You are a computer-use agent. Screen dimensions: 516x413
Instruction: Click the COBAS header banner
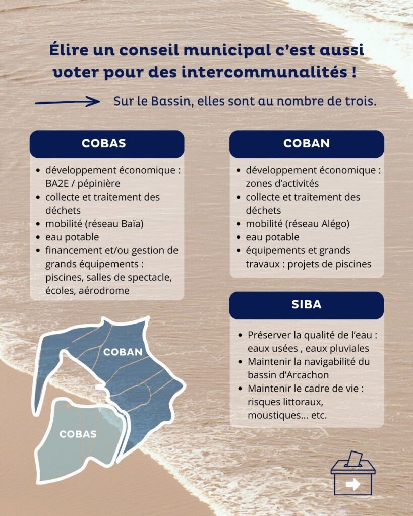point(107,144)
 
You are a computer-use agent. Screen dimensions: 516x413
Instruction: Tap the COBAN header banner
point(307,144)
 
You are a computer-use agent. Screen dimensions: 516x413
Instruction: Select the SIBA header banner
point(307,305)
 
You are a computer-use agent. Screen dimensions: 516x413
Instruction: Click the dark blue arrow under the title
point(68,102)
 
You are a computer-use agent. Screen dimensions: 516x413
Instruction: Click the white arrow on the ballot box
point(353,484)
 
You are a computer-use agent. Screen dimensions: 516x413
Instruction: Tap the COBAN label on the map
point(123,352)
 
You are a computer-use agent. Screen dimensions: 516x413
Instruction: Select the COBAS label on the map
point(78,434)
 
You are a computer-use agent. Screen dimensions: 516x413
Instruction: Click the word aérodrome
point(104,291)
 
